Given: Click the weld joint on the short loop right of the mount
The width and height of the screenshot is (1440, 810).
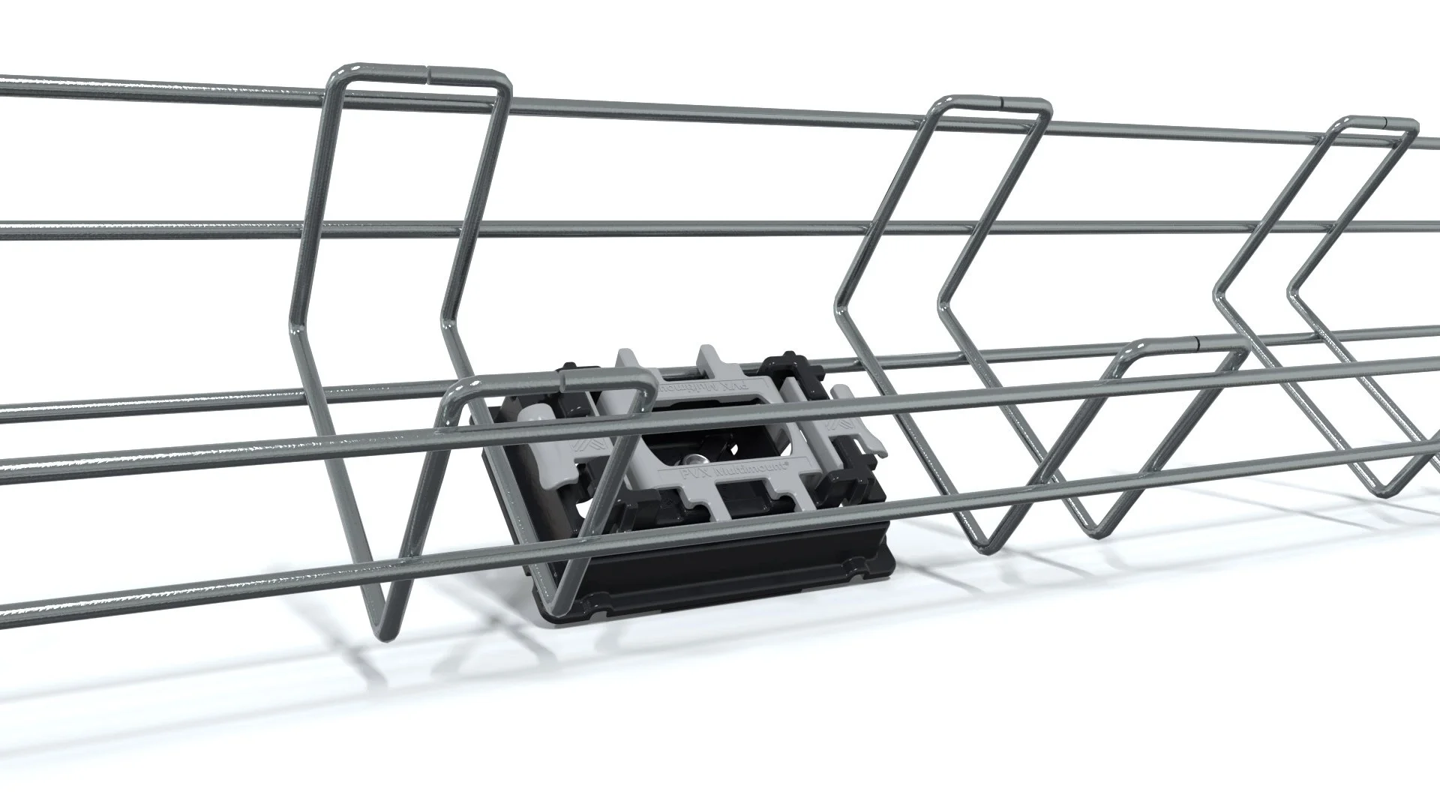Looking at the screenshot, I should coord(1198,343).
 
